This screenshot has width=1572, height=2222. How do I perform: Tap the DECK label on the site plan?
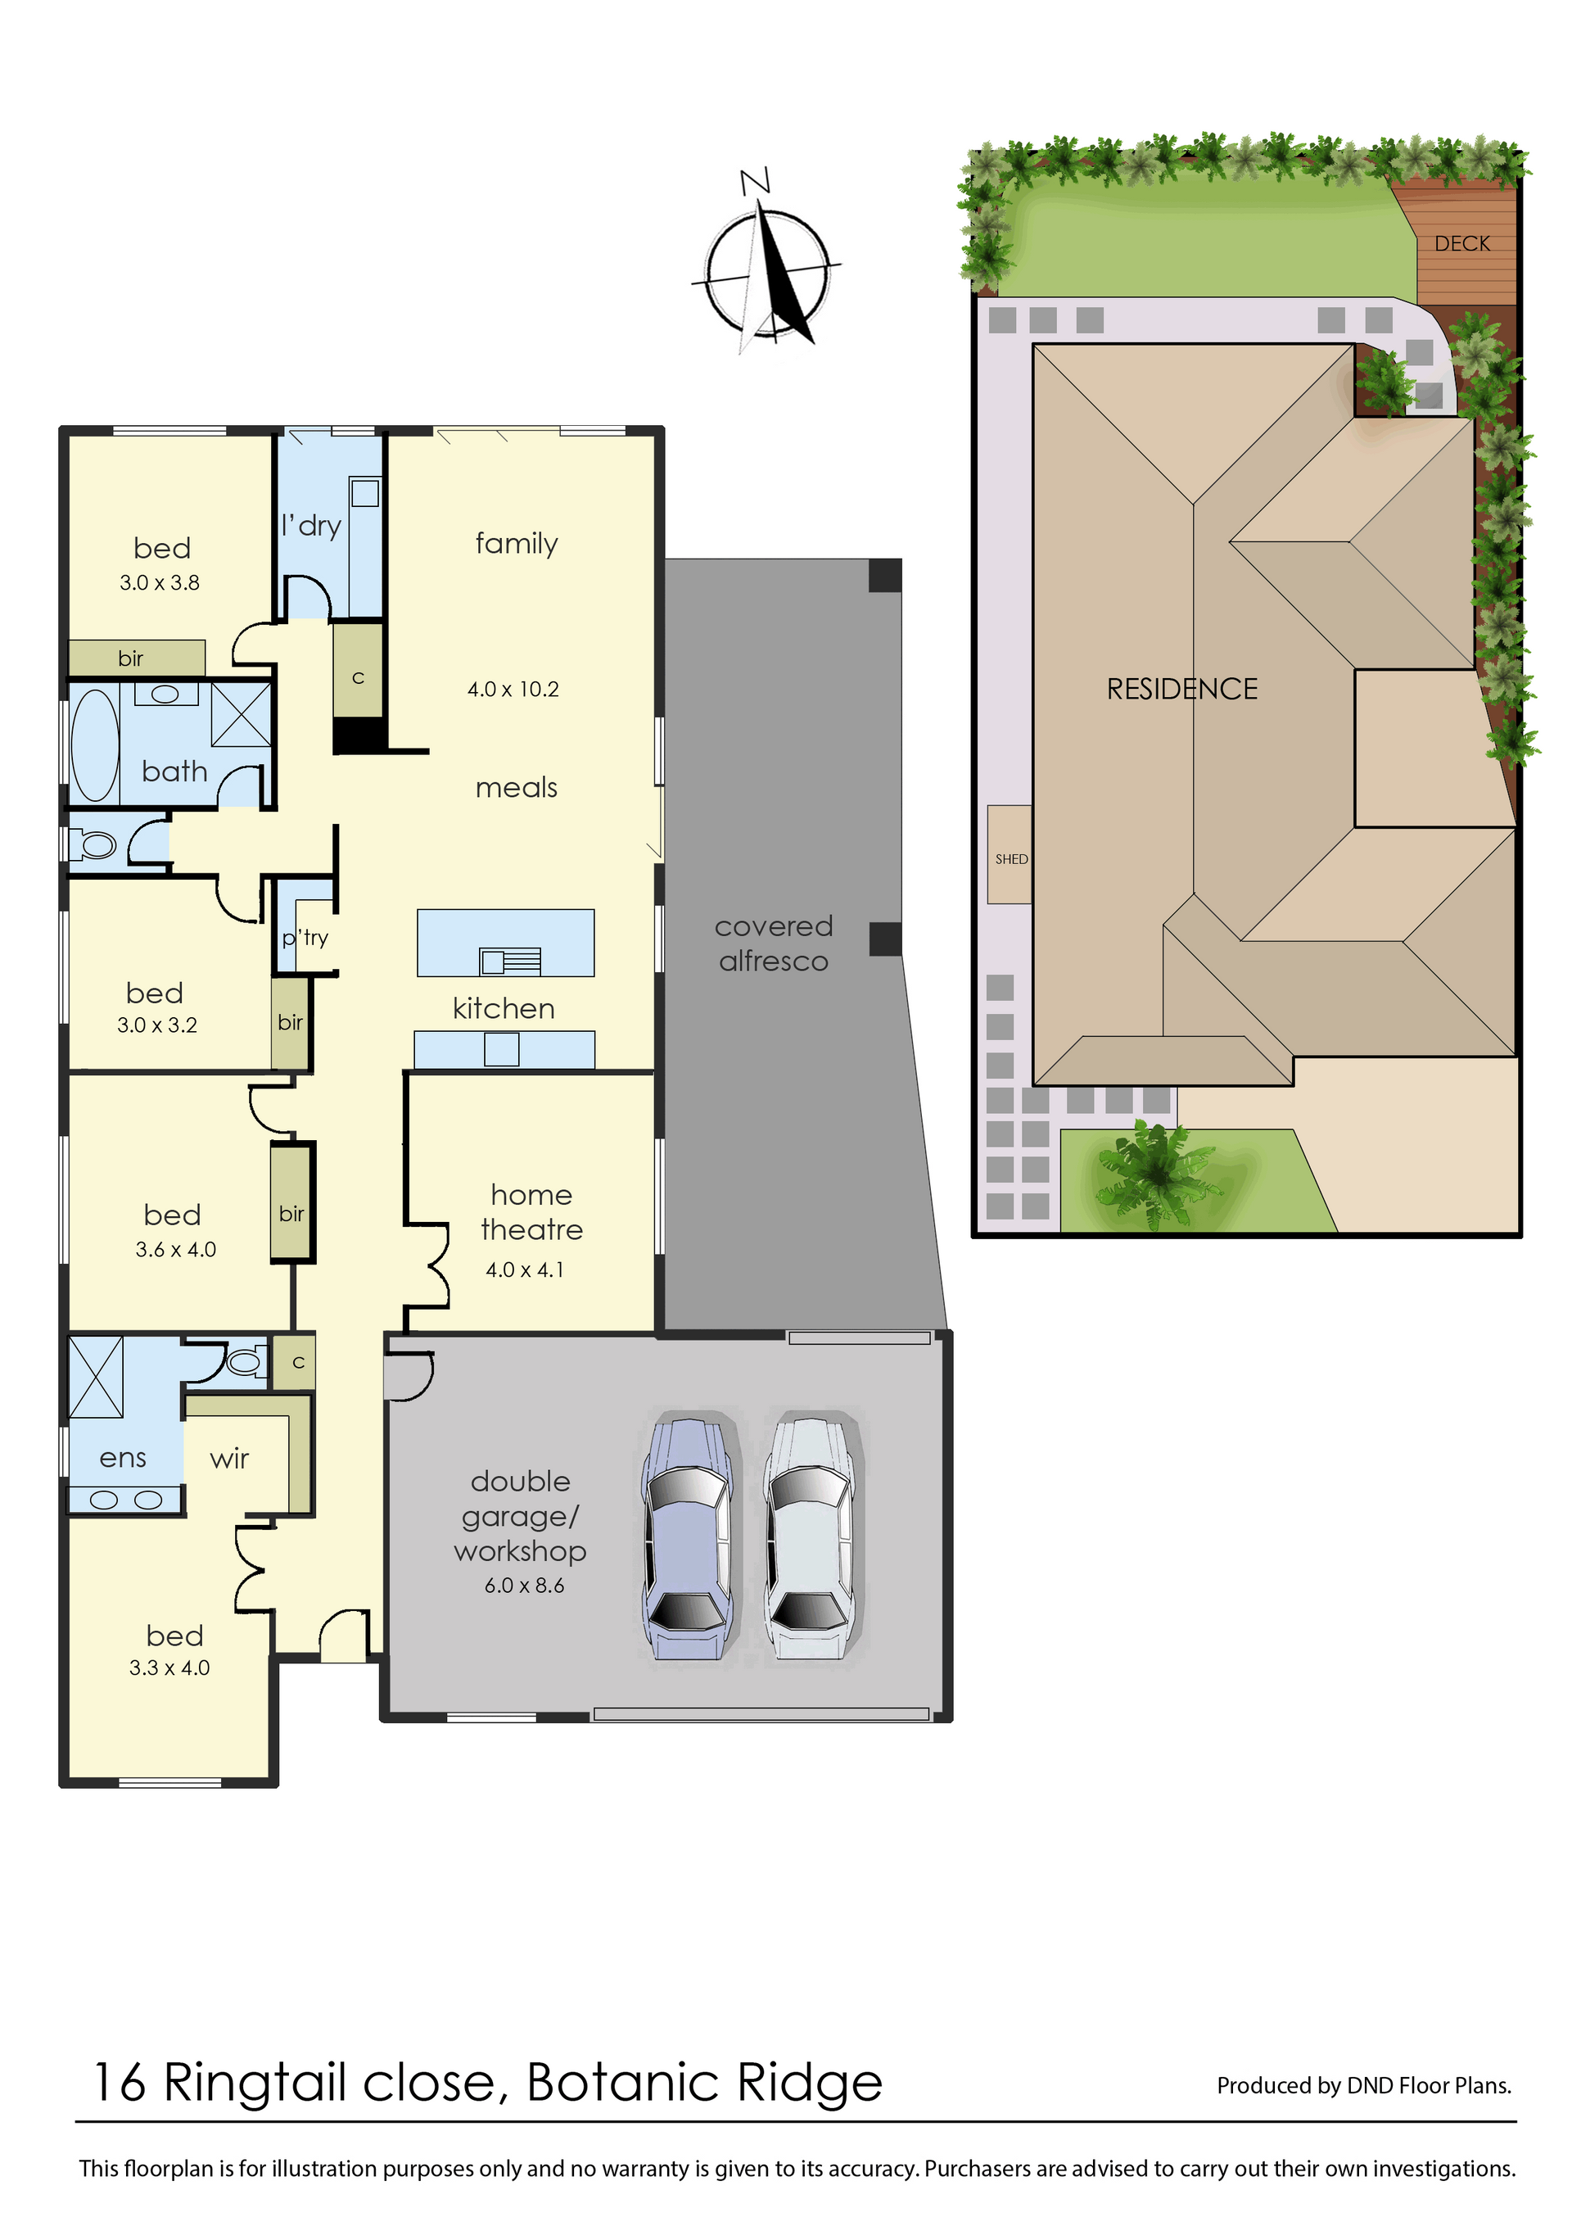pyautogui.click(x=1461, y=244)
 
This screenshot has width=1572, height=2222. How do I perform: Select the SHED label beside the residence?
pyautogui.click(x=1011, y=859)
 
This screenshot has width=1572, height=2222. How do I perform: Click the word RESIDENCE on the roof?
pyautogui.click(x=1182, y=690)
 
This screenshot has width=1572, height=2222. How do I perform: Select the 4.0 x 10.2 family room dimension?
pyautogui.click(x=513, y=690)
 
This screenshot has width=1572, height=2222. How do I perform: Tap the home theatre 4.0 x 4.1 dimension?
pyautogui.click(x=524, y=1269)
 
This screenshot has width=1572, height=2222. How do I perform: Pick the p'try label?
pyautogui.click(x=305, y=937)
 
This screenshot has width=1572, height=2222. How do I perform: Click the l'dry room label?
pyautogui.click(x=311, y=526)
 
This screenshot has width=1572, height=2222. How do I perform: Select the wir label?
pyautogui.click(x=229, y=1458)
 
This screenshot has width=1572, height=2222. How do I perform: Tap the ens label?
pyautogui.click(x=123, y=1458)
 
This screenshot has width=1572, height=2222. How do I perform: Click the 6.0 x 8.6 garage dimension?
pyautogui.click(x=524, y=1585)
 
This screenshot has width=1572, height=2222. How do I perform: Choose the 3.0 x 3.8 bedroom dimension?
pyautogui.click(x=160, y=583)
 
